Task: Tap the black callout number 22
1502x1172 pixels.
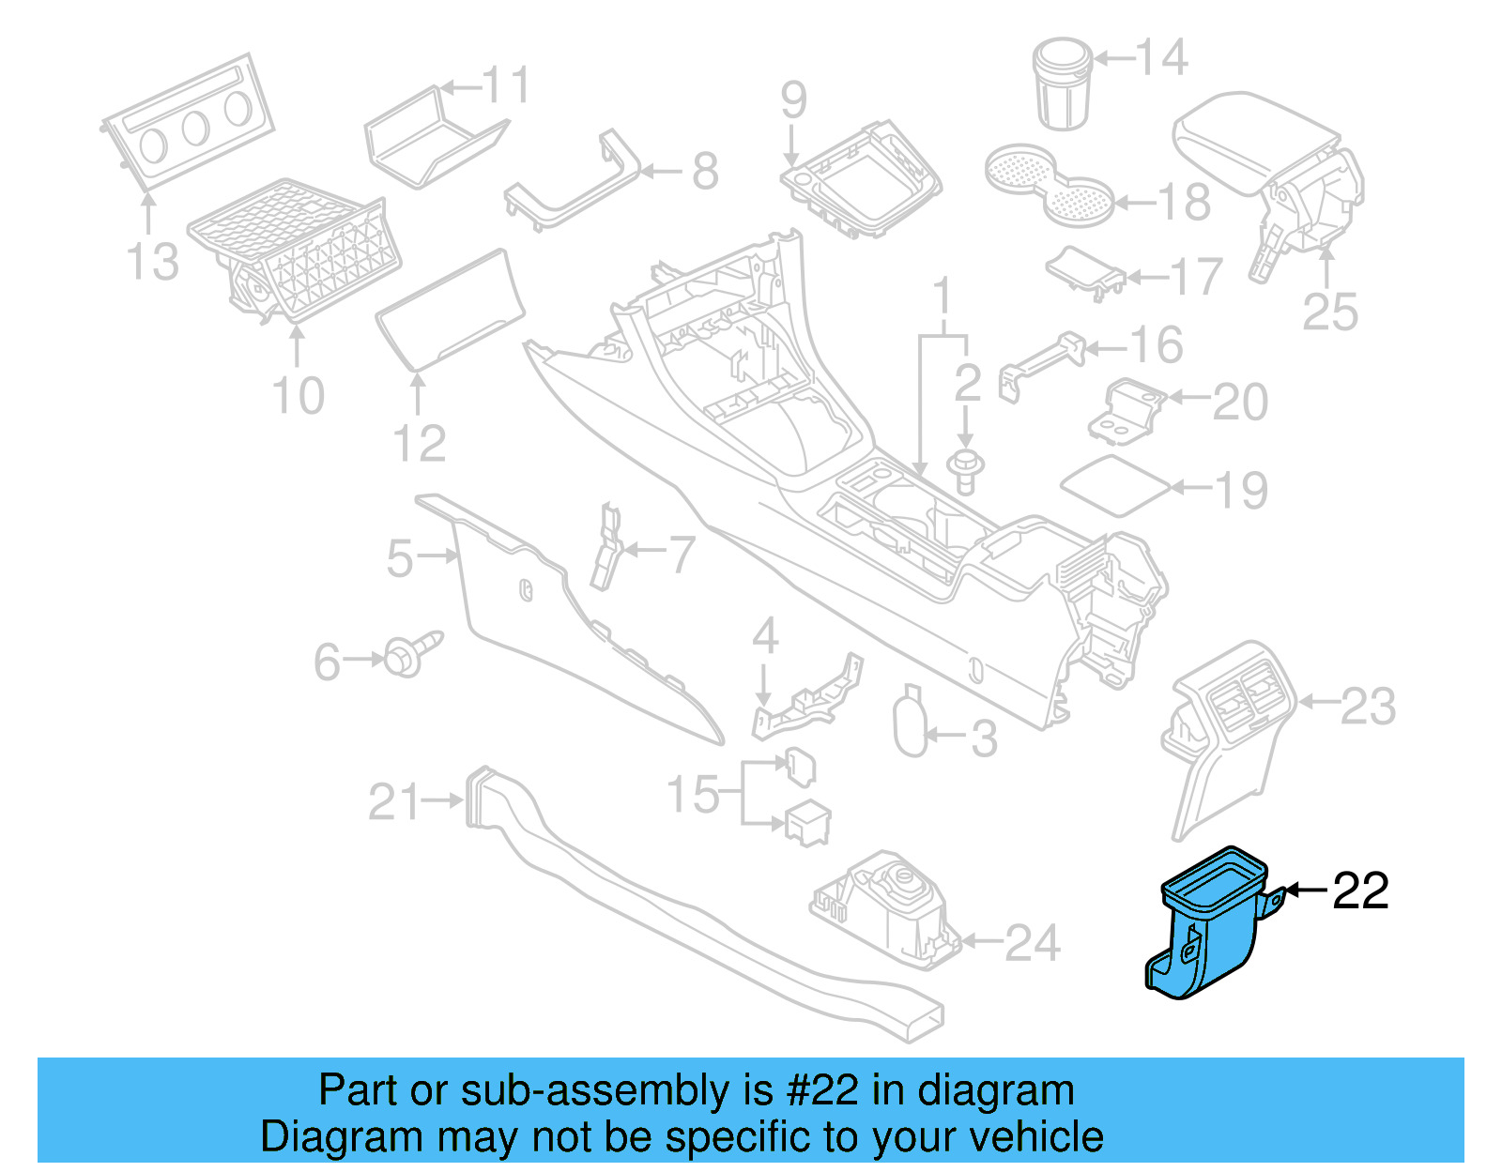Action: coord(1360,890)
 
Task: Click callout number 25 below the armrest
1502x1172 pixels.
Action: coord(1330,312)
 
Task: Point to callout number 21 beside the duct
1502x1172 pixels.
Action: coord(394,802)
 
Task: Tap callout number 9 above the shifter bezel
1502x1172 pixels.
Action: coord(793,101)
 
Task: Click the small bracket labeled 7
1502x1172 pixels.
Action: coord(606,548)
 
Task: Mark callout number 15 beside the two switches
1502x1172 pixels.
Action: coord(693,795)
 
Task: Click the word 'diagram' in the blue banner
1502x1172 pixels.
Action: coord(996,1090)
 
